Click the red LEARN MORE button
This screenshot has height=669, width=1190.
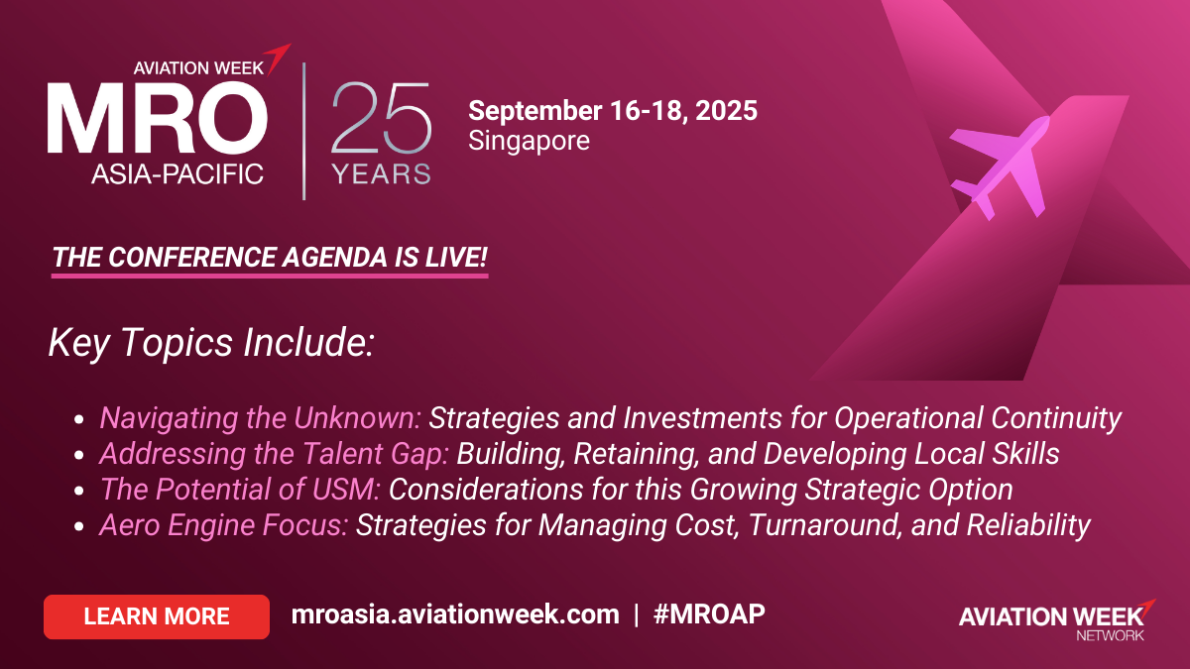(x=157, y=616)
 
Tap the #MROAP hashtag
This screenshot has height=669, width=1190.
(x=709, y=614)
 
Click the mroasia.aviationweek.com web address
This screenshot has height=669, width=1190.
(x=455, y=614)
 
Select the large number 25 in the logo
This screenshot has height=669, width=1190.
(x=381, y=118)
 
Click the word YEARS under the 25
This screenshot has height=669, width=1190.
(x=381, y=174)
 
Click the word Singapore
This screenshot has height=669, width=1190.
(x=529, y=141)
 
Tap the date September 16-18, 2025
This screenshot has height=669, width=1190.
(x=613, y=110)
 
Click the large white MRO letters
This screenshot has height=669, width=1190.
(x=158, y=118)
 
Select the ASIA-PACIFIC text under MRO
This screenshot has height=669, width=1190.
(x=178, y=174)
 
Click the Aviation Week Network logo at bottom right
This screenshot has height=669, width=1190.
(x=1058, y=620)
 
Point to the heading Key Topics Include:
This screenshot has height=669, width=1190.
(x=211, y=343)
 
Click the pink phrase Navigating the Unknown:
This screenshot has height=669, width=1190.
(x=260, y=418)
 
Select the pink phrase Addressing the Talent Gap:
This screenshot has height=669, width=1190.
(x=274, y=454)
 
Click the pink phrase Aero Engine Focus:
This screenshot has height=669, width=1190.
(x=224, y=525)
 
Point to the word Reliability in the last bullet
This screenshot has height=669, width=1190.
(x=1028, y=525)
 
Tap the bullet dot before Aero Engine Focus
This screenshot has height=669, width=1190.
(x=79, y=526)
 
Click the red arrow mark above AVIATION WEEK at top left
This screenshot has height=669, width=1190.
(x=278, y=57)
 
